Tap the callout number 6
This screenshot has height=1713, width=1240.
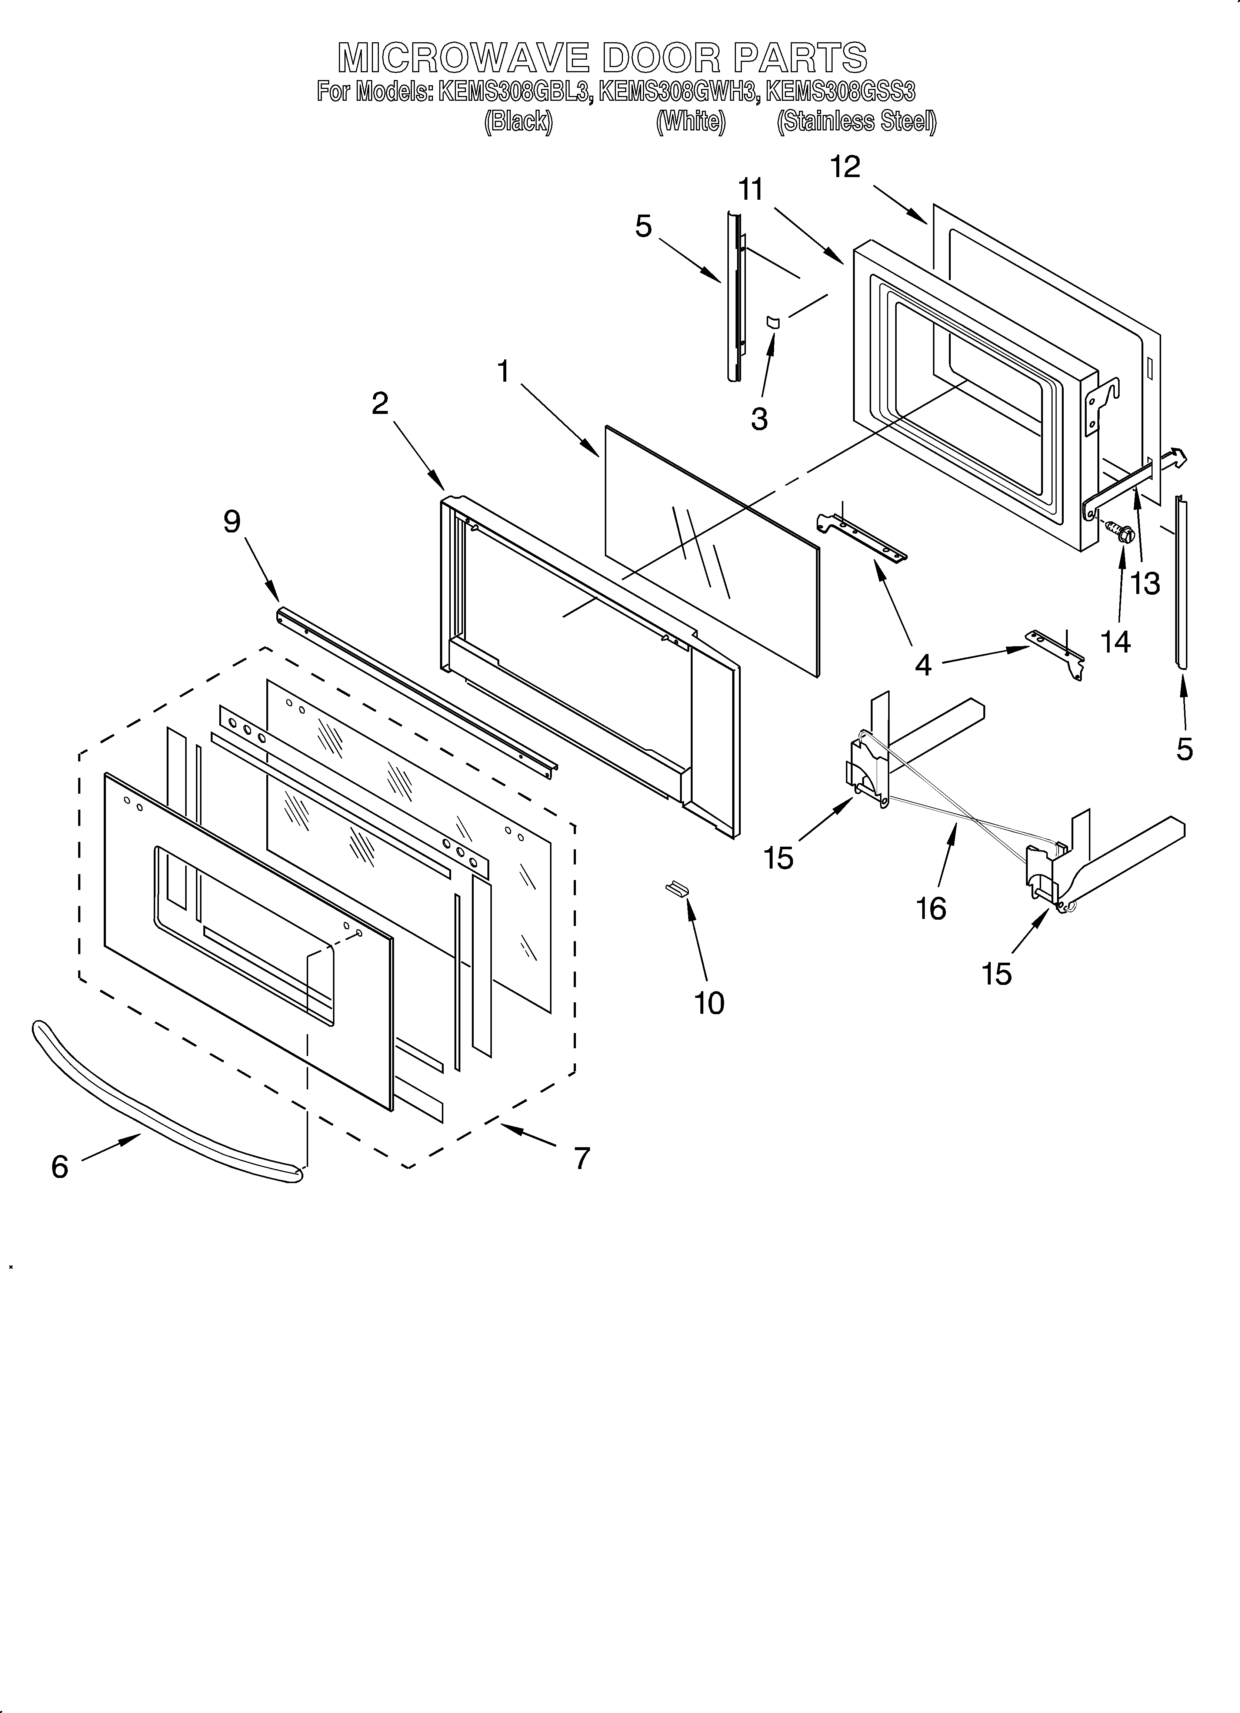click(x=60, y=1167)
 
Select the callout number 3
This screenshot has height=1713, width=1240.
click(x=759, y=418)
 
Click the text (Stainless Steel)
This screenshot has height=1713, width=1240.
click(x=856, y=122)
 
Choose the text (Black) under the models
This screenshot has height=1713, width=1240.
click(x=518, y=122)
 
